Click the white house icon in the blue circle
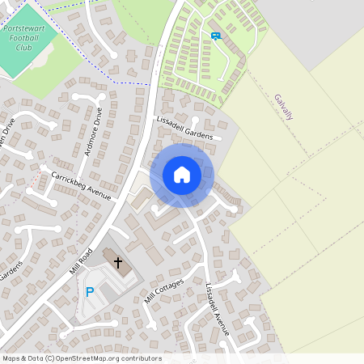pos(182,175)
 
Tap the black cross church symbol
pos(118,262)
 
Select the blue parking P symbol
pos(90,292)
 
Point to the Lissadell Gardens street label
pos(184,129)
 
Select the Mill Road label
pos(83,259)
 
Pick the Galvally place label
pos(283,107)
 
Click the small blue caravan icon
pos(215,35)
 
